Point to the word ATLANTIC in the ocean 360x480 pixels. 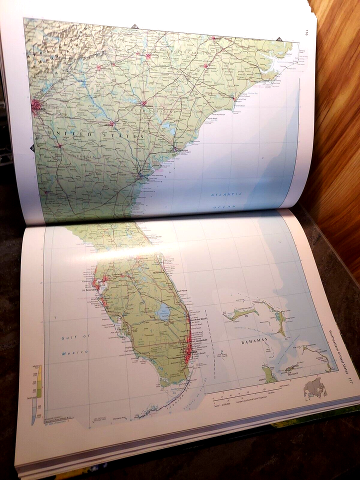click(x=226, y=194)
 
